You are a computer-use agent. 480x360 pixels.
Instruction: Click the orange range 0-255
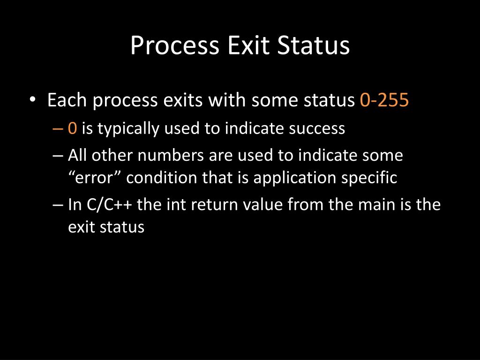tap(384, 101)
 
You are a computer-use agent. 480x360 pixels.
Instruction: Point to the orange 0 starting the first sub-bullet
tap(72, 128)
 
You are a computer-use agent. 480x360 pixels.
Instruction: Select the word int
tap(180, 205)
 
